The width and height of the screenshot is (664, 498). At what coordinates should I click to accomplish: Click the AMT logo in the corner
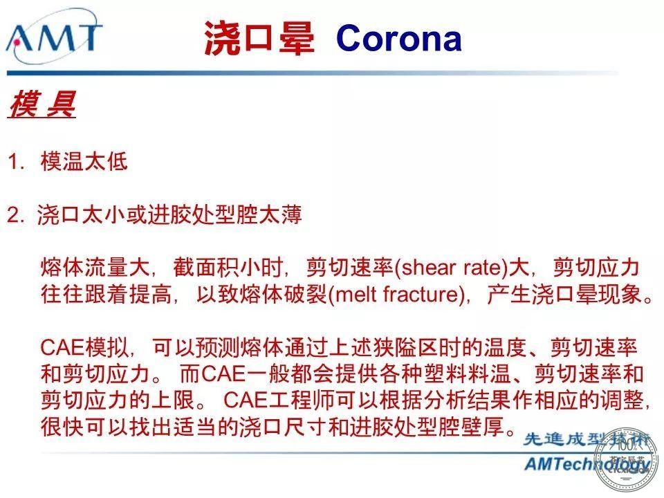[x=54, y=38]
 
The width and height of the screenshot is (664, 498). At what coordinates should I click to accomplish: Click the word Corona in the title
[x=398, y=38]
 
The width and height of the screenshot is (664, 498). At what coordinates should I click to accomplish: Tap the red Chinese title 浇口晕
[x=259, y=38]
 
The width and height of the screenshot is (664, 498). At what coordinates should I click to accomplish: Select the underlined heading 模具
[x=42, y=104]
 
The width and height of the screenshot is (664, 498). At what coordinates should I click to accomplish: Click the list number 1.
[x=16, y=162]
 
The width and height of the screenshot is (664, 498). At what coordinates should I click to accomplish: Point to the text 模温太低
[x=84, y=161]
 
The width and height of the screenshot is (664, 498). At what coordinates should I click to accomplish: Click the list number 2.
[x=16, y=214]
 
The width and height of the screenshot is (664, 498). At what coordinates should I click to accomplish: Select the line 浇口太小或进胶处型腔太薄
[x=169, y=214]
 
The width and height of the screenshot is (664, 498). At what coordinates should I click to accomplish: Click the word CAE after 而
[x=223, y=374]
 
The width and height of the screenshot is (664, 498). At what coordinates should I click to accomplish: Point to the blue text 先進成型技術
[x=587, y=440]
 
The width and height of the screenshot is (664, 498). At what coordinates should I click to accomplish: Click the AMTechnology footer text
[x=587, y=464]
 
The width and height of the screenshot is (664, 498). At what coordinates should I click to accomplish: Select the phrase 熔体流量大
[x=95, y=268]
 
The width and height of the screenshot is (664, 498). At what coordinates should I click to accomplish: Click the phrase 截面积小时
[x=228, y=268]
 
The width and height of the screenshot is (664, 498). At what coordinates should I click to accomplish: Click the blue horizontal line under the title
[x=313, y=73]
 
